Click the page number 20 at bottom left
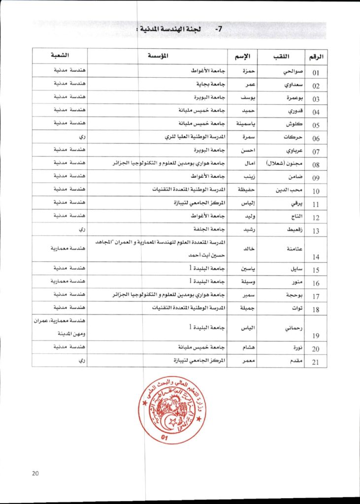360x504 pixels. pyautogui.click(x=35, y=473)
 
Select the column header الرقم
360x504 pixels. pyautogui.click(x=316, y=57)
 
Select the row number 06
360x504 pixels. pyautogui.click(x=316, y=139)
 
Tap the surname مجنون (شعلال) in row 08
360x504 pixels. pyautogui.click(x=280, y=163)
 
